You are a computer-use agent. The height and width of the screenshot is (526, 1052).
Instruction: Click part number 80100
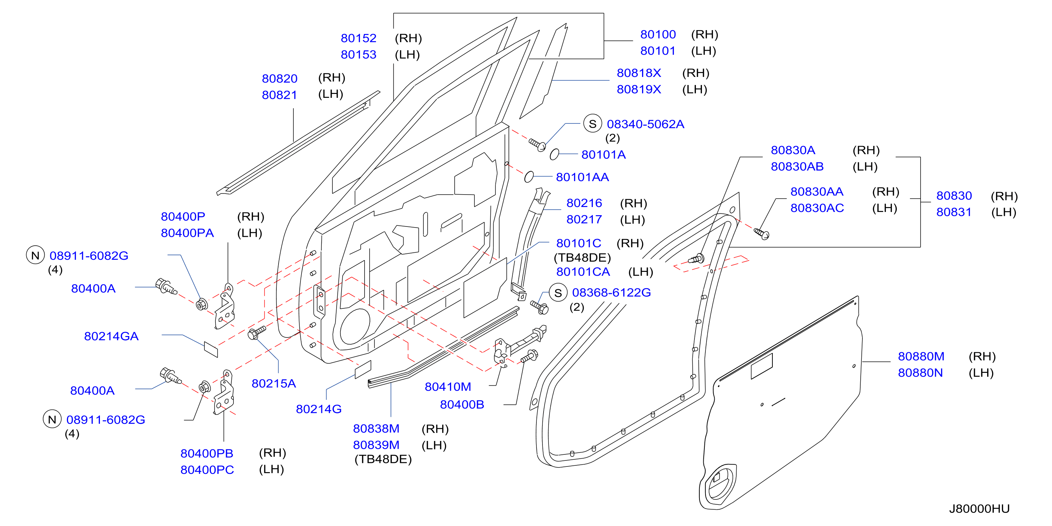pyautogui.click(x=658, y=34)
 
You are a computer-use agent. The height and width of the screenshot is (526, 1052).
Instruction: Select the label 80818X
pyautogui.click(x=639, y=73)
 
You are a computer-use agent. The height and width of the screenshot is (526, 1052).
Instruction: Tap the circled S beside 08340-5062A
pyautogui.click(x=592, y=123)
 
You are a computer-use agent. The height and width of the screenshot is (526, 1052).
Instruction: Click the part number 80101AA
pyautogui.click(x=583, y=177)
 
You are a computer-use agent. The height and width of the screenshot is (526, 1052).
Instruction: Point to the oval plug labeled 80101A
pyautogui.click(x=554, y=155)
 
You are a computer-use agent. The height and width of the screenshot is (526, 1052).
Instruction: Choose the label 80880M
pyautogui.click(x=921, y=356)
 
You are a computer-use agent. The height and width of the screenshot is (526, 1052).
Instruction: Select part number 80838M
pyautogui.click(x=376, y=429)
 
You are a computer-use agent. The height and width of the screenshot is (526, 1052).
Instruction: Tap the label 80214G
pyautogui.click(x=319, y=409)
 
